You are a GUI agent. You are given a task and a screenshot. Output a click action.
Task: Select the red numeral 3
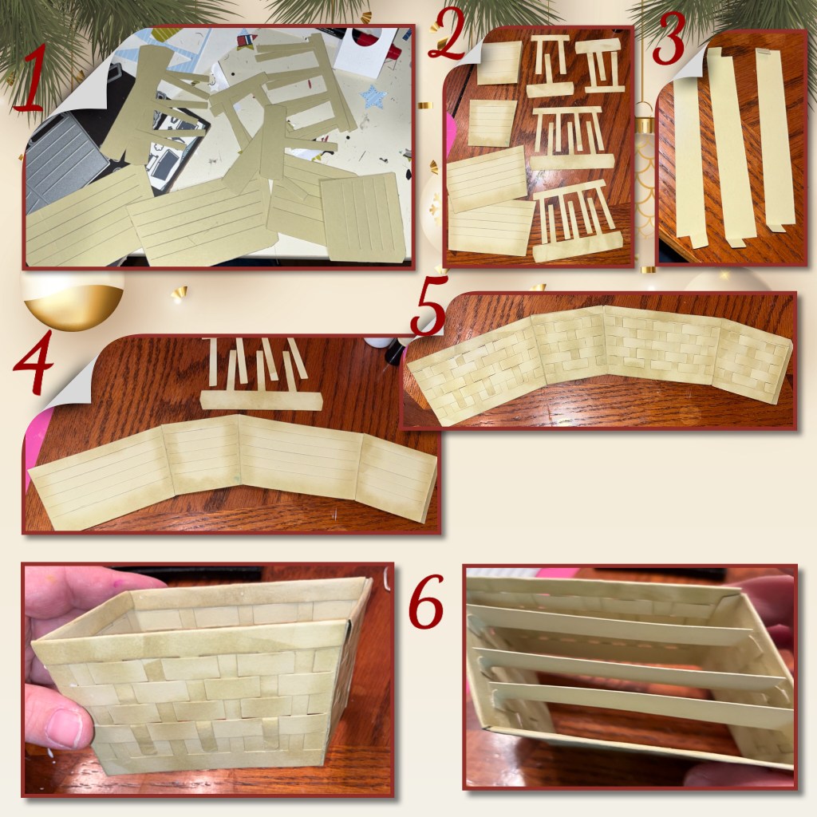669,37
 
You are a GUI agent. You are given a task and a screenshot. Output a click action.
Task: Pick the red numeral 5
428,306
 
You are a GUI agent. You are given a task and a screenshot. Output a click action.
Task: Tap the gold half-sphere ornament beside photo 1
73,305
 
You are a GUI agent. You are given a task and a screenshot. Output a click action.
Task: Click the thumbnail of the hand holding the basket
207,680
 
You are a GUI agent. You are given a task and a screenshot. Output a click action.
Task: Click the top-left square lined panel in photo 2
499,62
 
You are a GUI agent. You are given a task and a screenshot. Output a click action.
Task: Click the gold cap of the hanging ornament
645,126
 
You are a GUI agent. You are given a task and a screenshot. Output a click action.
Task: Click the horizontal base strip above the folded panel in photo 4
261,402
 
